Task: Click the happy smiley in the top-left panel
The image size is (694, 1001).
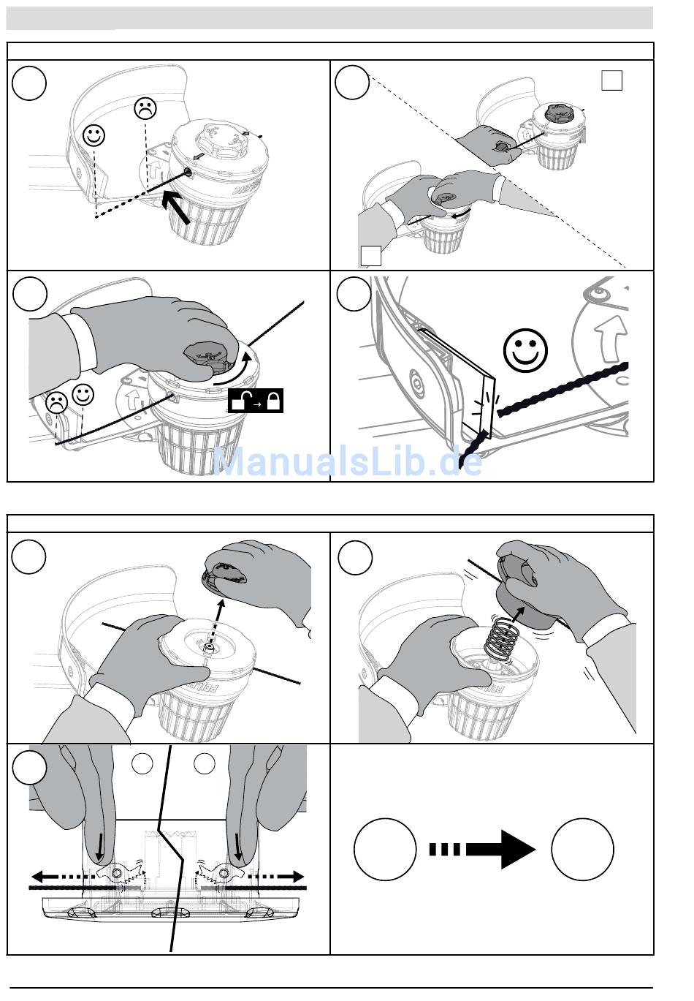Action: (x=94, y=135)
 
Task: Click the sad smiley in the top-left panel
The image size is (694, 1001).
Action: (x=145, y=109)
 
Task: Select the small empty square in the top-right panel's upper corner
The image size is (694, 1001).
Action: (x=611, y=80)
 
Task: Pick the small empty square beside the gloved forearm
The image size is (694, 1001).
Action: (x=371, y=256)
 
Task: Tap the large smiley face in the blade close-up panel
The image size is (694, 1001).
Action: (x=525, y=350)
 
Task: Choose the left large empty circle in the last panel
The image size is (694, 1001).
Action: (x=385, y=849)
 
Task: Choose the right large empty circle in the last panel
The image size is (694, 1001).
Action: (x=582, y=849)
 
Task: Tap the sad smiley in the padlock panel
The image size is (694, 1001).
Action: (x=56, y=402)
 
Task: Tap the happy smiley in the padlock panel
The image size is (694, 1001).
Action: (x=83, y=396)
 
